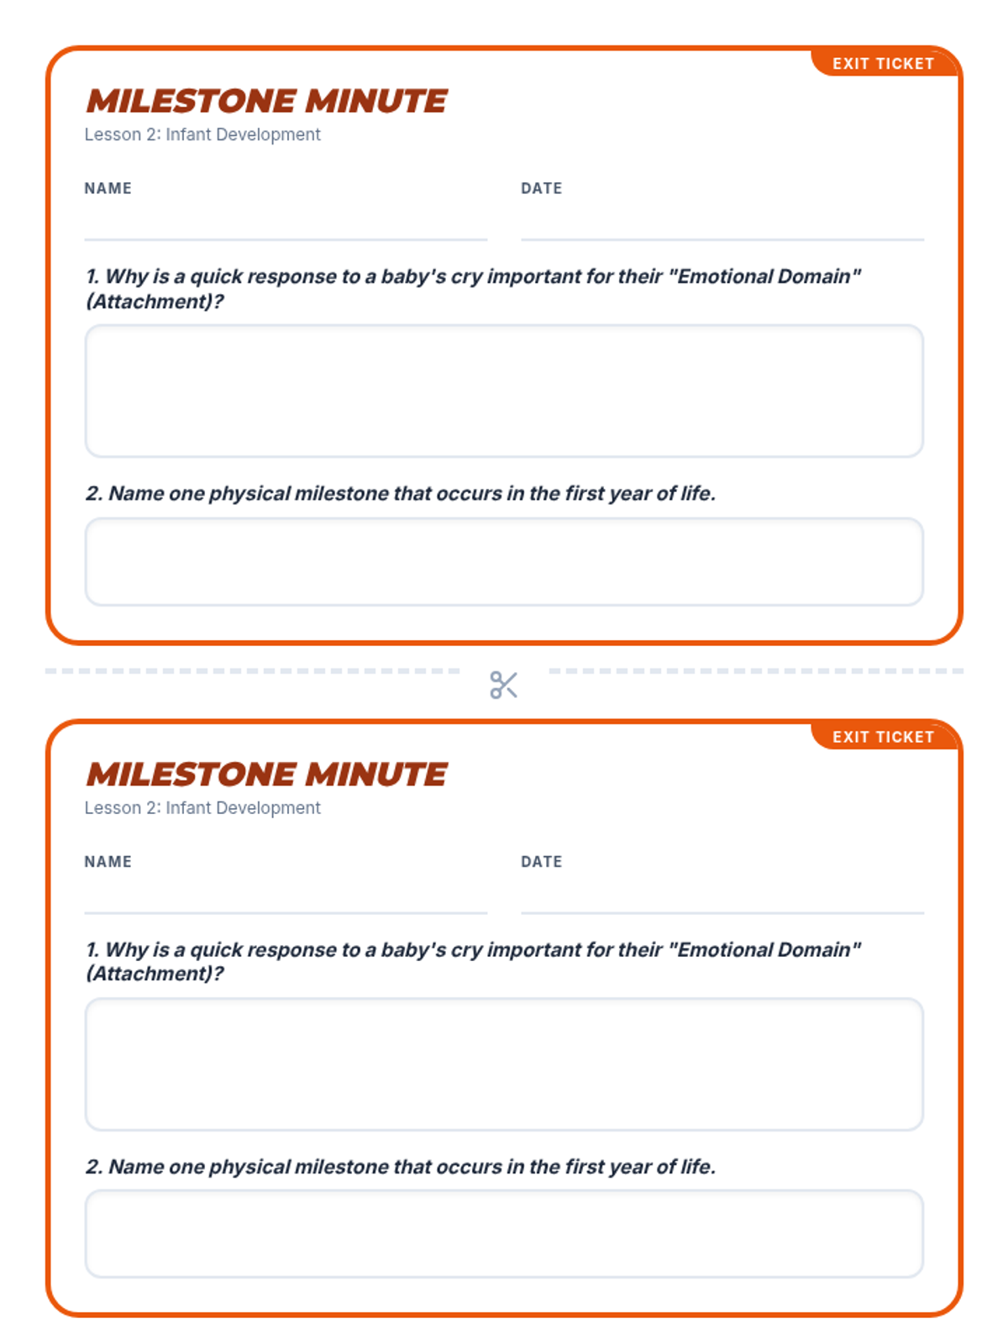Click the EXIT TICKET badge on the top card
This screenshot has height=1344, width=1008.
coord(884,63)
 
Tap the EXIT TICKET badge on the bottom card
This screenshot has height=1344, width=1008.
coord(884,737)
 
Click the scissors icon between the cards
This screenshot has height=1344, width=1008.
coord(504,685)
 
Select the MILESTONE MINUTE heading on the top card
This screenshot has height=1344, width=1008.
coord(267,101)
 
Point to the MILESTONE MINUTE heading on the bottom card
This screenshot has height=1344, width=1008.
coord(267,774)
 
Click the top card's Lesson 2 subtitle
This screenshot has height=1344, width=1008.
coord(202,134)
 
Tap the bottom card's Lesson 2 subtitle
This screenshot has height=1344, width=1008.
coord(202,808)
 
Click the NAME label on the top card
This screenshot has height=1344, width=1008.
coord(108,188)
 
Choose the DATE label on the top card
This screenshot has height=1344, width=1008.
coord(542,188)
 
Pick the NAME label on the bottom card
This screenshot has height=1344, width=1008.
coord(108,862)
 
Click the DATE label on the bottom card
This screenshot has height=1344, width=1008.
coord(542,862)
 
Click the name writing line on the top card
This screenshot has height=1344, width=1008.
coord(286,239)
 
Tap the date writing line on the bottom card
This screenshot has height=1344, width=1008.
coord(722,913)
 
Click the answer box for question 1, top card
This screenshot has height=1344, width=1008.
coord(504,391)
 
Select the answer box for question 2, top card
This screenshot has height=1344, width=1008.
coord(504,562)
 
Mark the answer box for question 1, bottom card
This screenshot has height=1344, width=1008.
coord(504,1064)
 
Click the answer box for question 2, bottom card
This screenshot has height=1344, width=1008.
coord(504,1235)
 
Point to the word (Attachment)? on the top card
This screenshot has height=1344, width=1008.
coord(155,302)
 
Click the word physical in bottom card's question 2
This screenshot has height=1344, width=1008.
coord(249,1168)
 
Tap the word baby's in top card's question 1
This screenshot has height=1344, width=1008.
coord(414,276)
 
